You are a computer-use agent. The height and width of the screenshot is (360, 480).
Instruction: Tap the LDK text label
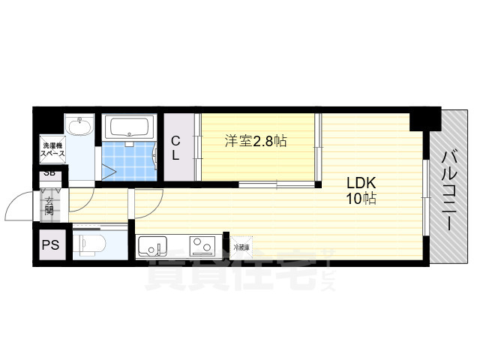360,183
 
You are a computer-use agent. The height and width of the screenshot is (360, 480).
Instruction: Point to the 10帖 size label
360,199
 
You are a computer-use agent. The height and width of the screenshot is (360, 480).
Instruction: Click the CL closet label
175,148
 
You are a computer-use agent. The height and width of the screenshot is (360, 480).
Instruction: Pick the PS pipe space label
50,244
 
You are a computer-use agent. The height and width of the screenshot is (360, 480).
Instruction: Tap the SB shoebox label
49,173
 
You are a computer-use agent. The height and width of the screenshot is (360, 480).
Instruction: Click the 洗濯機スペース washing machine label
52,150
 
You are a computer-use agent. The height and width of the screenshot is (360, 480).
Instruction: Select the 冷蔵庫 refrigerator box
241,247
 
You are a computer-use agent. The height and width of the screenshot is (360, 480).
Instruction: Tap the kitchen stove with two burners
203,245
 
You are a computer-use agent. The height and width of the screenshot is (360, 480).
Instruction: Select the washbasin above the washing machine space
78,127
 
